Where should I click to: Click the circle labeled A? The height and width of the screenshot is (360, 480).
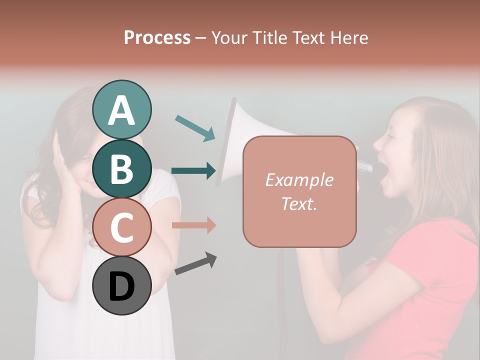pyautogui.click(x=121, y=109)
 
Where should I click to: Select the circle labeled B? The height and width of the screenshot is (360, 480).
pyautogui.click(x=121, y=168)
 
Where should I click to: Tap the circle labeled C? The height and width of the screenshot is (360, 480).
pyautogui.click(x=121, y=227)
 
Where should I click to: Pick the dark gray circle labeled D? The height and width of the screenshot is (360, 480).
pyautogui.click(x=121, y=285)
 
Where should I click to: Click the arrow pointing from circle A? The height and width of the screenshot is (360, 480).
pyautogui.click(x=195, y=128)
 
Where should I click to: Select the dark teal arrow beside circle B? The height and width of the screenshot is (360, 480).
pyautogui.click(x=193, y=170)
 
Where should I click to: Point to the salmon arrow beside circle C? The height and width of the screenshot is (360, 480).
pyautogui.click(x=193, y=225)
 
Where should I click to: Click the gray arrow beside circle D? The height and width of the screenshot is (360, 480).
pyautogui.click(x=195, y=263)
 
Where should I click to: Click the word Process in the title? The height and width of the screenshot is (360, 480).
pyautogui.click(x=157, y=37)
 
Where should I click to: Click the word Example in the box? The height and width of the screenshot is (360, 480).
pyautogui.click(x=299, y=180)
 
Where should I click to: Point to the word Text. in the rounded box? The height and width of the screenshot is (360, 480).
pyautogui.click(x=299, y=203)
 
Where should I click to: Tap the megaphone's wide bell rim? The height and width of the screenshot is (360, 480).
pyautogui.click(x=227, y=142)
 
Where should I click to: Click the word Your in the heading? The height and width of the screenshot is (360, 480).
pyautogui.click(x=228, y=37)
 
